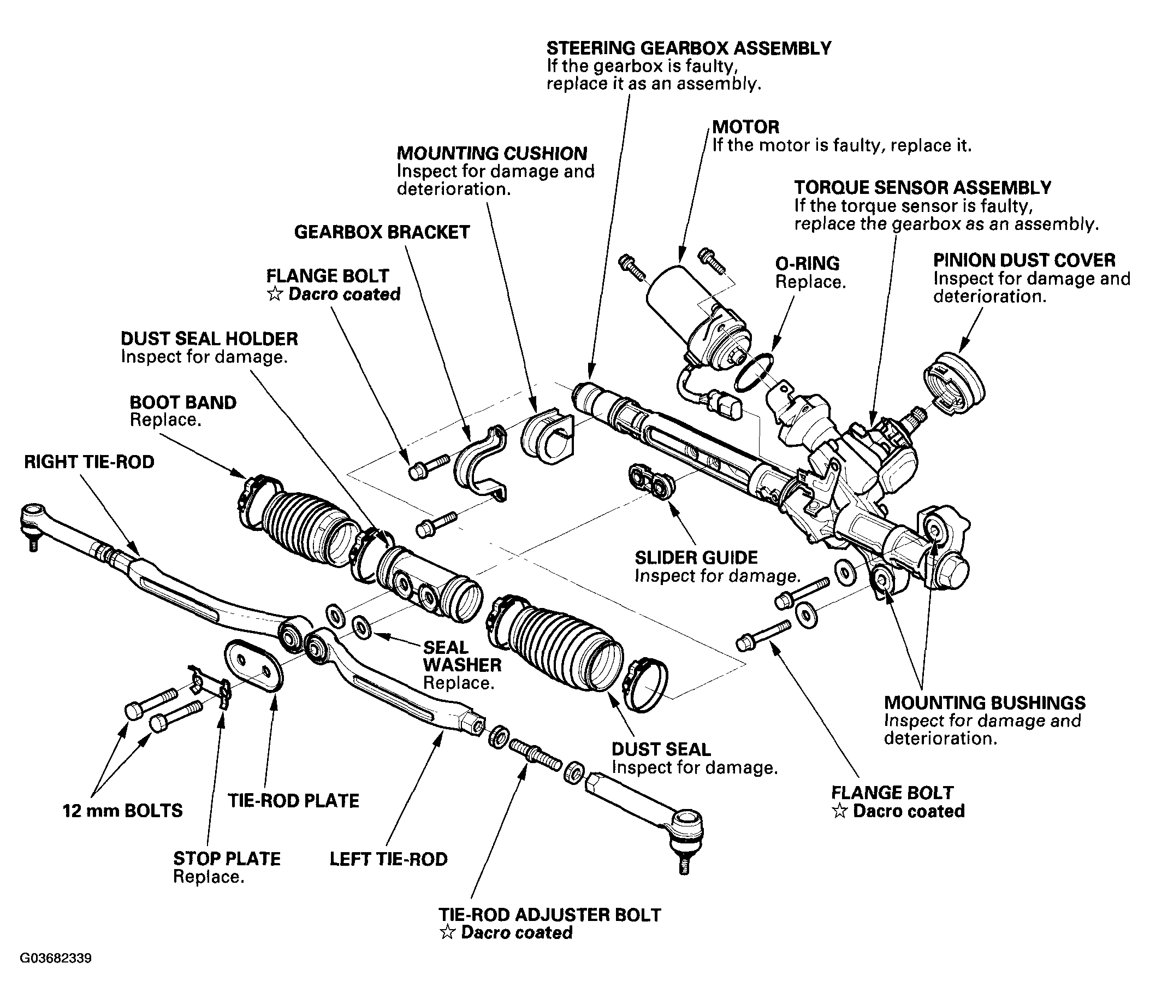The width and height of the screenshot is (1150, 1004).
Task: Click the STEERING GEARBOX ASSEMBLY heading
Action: tap(689, 48)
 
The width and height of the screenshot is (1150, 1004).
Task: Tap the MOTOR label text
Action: tap(745, 127)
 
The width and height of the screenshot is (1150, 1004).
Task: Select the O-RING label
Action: tap(807, 263)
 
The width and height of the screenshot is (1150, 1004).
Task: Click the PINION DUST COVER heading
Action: tap(1024, 260)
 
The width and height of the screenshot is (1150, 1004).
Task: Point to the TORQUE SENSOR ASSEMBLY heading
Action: tap(923, 187)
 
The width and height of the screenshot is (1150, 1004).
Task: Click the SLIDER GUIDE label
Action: tap(696, 558)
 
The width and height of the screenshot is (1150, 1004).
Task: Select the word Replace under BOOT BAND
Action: tap(165, 420)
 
